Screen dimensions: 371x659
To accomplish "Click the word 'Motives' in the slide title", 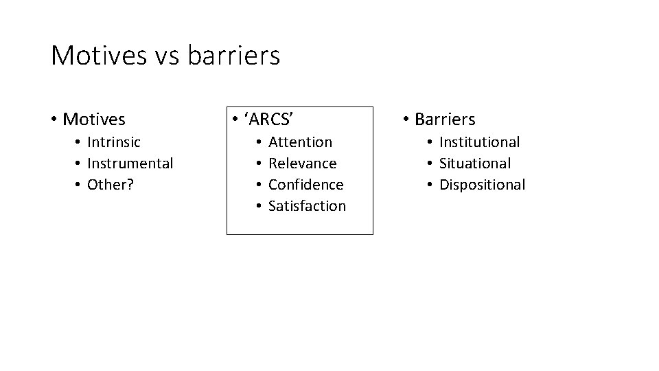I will point(97,56).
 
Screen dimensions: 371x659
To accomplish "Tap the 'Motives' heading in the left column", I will point(94,120).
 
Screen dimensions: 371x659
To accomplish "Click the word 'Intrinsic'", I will point(114,142).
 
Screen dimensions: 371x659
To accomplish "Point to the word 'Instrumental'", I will point(130,164).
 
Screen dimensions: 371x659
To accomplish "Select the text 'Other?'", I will point(110,185).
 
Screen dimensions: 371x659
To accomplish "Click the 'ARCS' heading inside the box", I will point(269,120).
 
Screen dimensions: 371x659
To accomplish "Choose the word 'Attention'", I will point(300,142).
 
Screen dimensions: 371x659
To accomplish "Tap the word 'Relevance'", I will point(302,164).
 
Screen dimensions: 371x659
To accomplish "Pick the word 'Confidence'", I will point(305,185).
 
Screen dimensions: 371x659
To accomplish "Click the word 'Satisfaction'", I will point(307,206).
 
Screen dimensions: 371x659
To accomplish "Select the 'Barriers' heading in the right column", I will point(445,120).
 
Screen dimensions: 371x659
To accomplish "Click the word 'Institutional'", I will point(479,142).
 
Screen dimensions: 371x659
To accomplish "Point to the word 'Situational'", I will point(475,164).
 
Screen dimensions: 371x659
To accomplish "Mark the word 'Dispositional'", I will point(482,185).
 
